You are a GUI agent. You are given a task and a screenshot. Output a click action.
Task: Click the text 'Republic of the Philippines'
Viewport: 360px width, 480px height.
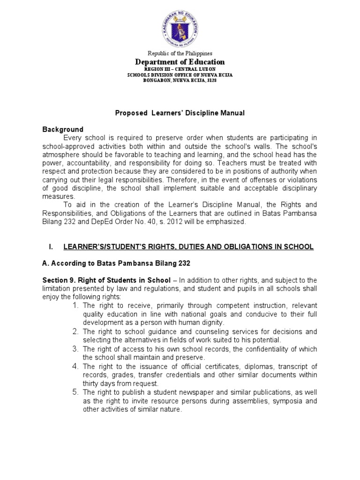tap(180, 54)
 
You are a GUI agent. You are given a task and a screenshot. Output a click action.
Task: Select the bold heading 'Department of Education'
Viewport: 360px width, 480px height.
tap(180, 62)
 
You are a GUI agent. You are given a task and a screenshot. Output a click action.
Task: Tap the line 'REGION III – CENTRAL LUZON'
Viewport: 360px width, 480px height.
tap(180, 69)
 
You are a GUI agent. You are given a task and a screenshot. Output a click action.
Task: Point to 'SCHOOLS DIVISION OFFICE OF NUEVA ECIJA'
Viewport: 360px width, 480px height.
tap(180, 75)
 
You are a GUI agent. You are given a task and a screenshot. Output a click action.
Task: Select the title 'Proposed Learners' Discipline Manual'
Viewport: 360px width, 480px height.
tap(180, 113)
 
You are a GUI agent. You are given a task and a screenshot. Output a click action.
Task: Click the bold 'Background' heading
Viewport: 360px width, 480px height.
tap(63, 129)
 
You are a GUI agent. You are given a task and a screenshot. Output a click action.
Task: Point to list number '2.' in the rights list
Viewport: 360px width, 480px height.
tap(76, 331)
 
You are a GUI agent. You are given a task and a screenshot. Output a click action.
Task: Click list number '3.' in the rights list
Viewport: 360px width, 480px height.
tap(76, 349)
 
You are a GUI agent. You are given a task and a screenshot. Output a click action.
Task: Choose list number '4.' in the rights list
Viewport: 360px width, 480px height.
tap(76, 366)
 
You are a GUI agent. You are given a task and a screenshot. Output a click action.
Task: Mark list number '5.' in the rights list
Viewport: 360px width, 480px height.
tap(76, 391)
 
